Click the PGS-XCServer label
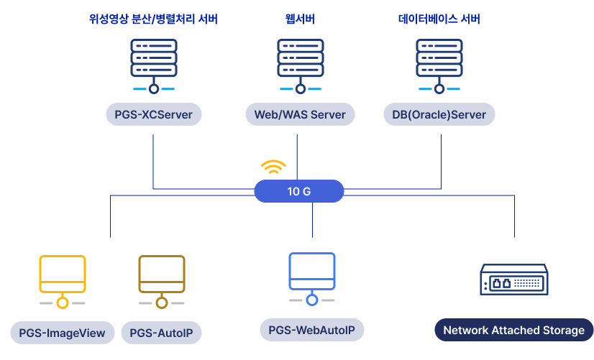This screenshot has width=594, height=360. [153, 115]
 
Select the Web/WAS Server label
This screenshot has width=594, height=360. [300, 115]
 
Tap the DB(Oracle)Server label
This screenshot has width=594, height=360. [439, 115]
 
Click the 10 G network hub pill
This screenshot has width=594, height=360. [299, 191]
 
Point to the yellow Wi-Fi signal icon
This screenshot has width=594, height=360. [273, 167]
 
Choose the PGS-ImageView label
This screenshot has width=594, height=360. [63, 332]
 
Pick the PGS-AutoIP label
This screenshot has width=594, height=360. [162, 332]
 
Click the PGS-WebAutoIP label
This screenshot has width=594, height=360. [312, 331]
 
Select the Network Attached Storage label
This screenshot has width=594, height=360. [513, 331]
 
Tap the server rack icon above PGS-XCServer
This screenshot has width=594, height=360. [154, 63]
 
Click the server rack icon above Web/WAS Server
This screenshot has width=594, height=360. [300, 63]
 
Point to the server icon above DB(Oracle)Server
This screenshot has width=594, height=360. [439, 63]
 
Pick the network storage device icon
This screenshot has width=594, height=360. [513, 279]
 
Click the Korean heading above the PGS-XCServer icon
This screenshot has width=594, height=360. [153, 19]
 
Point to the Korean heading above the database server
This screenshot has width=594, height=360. [439, 19]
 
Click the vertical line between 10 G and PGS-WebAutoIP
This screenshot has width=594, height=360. [312, 220]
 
